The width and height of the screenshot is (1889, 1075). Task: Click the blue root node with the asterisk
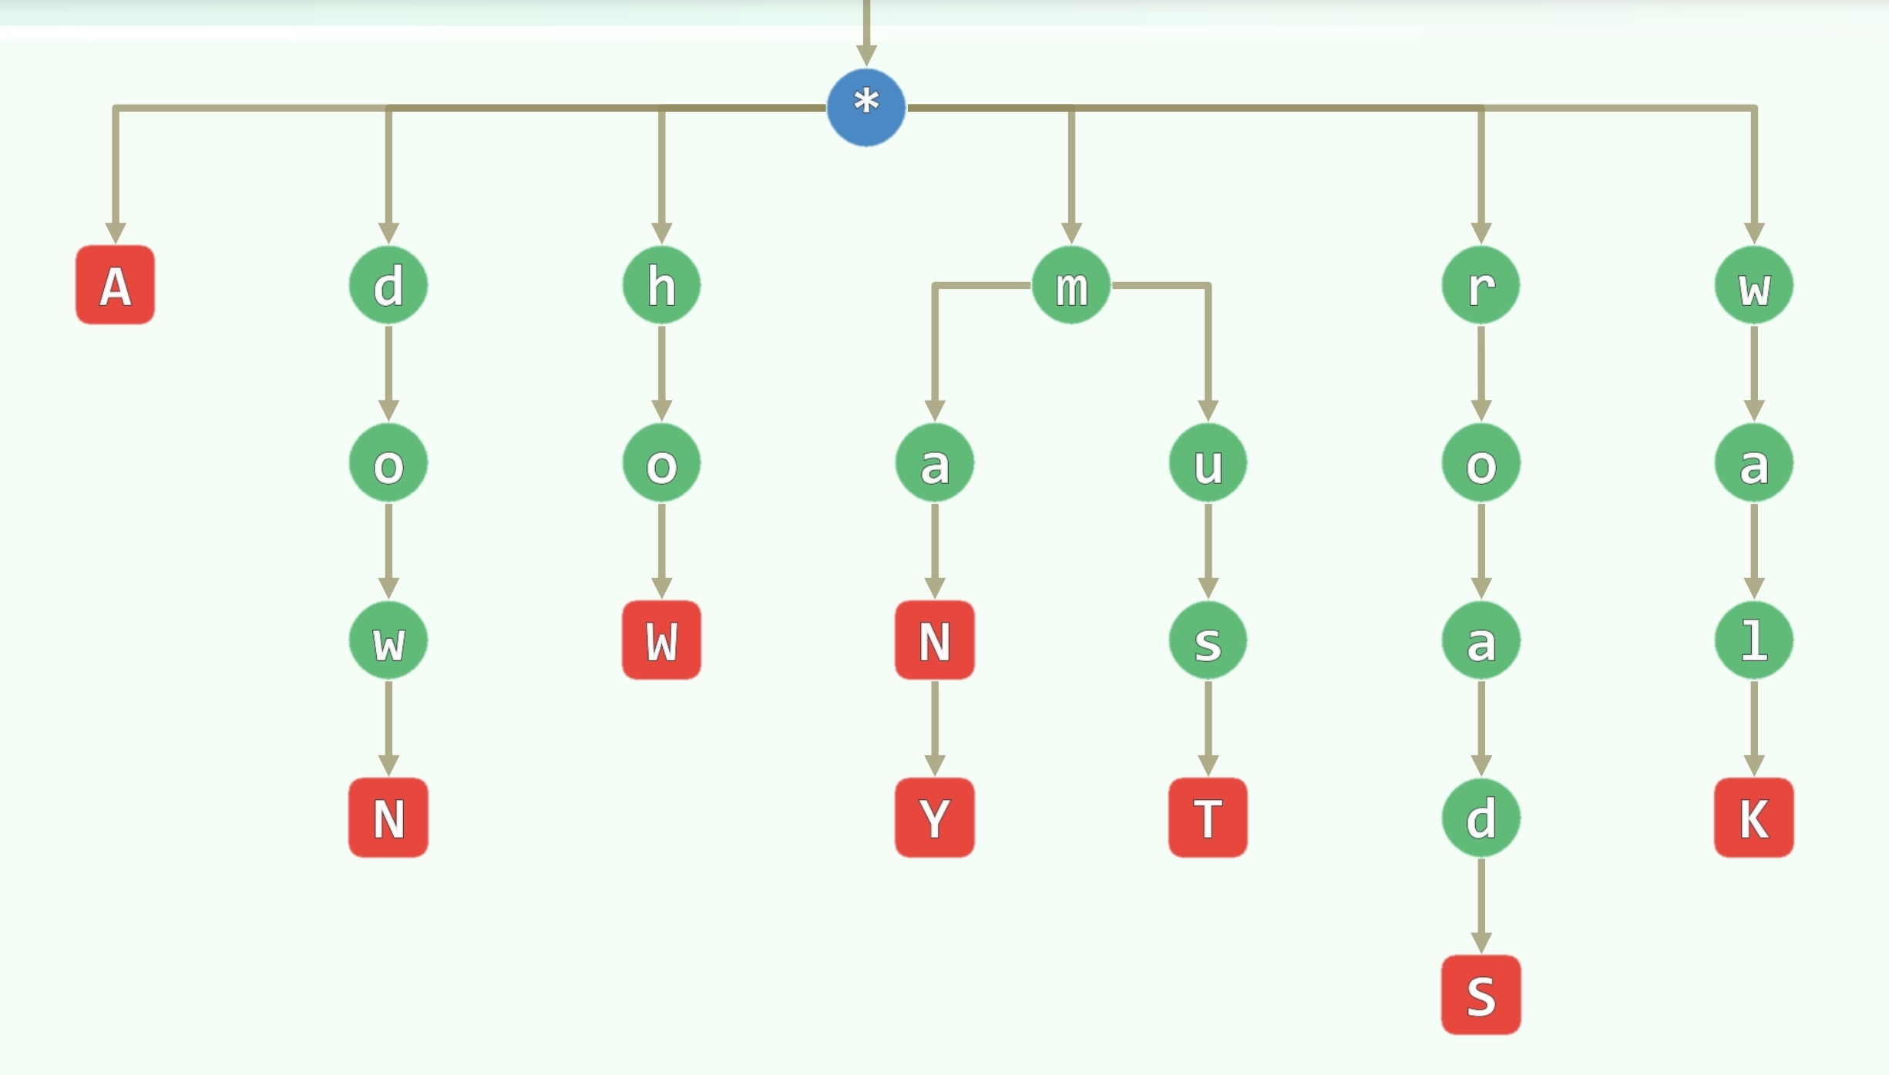[x=866, y=107]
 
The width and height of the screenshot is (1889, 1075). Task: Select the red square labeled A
[x=115, y=285]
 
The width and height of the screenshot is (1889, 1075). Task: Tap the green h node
[x=661, y=285]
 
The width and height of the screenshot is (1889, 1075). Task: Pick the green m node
[x=1071, y=285]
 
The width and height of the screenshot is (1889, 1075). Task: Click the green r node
[x=1481, y=285]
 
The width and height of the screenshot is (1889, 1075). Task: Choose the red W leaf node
[x=661, y=640]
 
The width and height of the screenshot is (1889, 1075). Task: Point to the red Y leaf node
[x=934, y=818]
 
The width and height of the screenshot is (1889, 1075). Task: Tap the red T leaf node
[x=1208, y=818]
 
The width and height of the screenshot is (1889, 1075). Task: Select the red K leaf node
[x=1753, y=818]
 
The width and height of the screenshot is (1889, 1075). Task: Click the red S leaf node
[x=1481, y=995]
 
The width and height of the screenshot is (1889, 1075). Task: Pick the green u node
[x=1208, y=463]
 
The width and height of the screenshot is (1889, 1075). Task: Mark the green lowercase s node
[x=1208, y=640]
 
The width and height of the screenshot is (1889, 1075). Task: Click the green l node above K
[x=1753, y=640]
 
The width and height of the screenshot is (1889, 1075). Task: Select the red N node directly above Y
[x=934, y=640]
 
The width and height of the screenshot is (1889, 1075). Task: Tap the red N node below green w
[x=388, y=818]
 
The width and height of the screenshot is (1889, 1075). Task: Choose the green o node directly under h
[x=661, y=463]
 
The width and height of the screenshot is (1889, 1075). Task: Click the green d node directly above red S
[x=1481, y=818]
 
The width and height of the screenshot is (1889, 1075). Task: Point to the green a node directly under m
[x=934, y=463]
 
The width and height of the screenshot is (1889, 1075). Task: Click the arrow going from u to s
[x=1208, y=551]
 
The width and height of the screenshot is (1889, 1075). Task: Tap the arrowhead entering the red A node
[x=116, y=233]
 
